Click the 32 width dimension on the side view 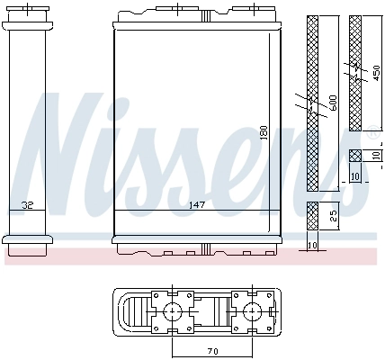pos(29,205)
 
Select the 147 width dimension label pos(195,205)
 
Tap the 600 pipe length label pos(332,103)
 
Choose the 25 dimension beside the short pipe pos(334,216)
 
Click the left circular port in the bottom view pos(172,312)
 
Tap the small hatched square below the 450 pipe pos(354,155)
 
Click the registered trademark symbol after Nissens pos(373,129)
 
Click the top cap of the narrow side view pos(29,14)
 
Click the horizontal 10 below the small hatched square pos(354,176)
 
